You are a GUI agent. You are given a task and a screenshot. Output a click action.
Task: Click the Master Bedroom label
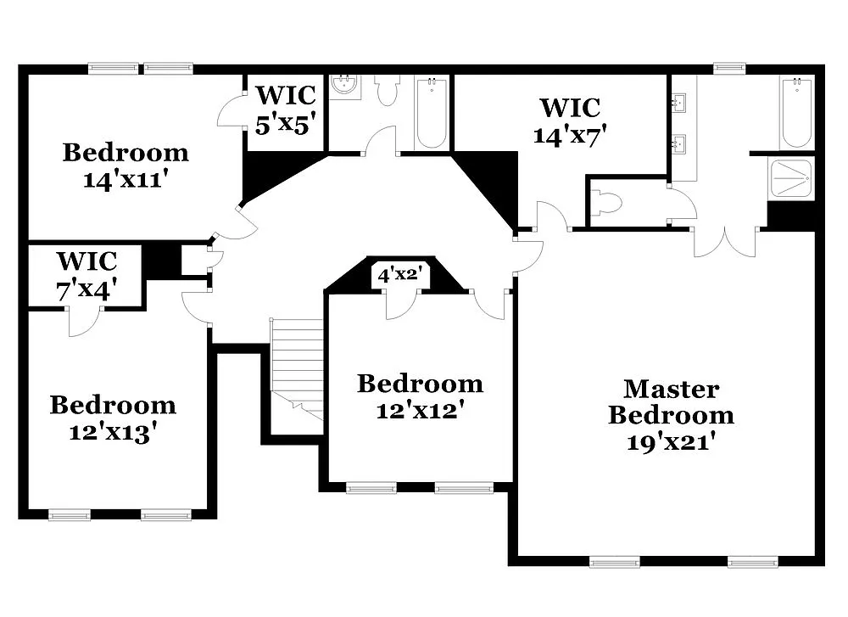click(671, 402)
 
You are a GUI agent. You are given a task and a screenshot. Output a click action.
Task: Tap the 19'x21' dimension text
click(671, 442)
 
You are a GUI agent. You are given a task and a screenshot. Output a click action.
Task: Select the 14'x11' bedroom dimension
click(126, 180)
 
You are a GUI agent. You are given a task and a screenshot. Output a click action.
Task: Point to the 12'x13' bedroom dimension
click(112, 432)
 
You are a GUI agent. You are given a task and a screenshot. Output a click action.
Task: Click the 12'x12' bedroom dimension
click(420, 411)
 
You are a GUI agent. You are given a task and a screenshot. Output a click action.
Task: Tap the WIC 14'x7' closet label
click(570, 121)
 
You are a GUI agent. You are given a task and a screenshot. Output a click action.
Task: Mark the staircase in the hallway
click(298, 365)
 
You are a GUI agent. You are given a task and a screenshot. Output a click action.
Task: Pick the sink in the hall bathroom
click(344, 87)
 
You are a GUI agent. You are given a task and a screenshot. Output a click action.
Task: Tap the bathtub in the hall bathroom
click(432, 112)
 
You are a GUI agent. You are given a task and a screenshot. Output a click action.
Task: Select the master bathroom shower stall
click(790, 178)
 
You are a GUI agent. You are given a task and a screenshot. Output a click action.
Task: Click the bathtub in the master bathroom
click(796, 112)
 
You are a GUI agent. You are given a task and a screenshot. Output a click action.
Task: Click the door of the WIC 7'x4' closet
click(86, 322)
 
